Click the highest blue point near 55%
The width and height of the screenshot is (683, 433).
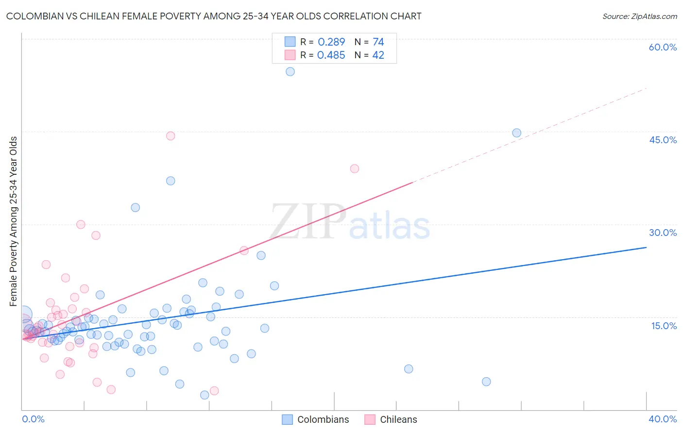pos(290,71)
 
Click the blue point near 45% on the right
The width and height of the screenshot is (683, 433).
pos(516,133)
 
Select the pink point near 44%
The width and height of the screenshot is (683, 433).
pos(171,136)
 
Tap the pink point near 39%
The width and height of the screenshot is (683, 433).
pos(354,169)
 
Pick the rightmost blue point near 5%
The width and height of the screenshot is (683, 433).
pos(486,382)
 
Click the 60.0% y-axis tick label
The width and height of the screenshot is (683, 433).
pos(663,47)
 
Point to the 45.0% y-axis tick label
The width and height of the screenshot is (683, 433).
pos(663,140)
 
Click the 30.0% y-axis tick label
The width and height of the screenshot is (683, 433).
pos(663,233)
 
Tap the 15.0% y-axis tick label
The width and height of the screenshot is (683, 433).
pos(664,326)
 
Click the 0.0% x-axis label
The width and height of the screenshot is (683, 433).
pos(33,419)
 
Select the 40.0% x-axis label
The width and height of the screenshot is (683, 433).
pos(663,419)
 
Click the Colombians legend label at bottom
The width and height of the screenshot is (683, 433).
pos(323,419)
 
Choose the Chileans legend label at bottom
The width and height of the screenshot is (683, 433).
pos(398,419)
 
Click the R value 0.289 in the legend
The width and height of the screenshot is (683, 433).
pos(331,42)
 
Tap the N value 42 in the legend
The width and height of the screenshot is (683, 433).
pos(378,55)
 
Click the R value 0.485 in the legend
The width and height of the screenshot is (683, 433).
pos(331,55)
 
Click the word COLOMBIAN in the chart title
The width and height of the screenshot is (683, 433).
pos(36,16)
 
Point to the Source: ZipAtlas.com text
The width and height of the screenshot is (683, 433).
pos(639,16)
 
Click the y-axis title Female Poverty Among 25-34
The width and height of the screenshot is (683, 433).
pos(14,221)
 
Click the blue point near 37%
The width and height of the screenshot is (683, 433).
pos(171,181)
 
